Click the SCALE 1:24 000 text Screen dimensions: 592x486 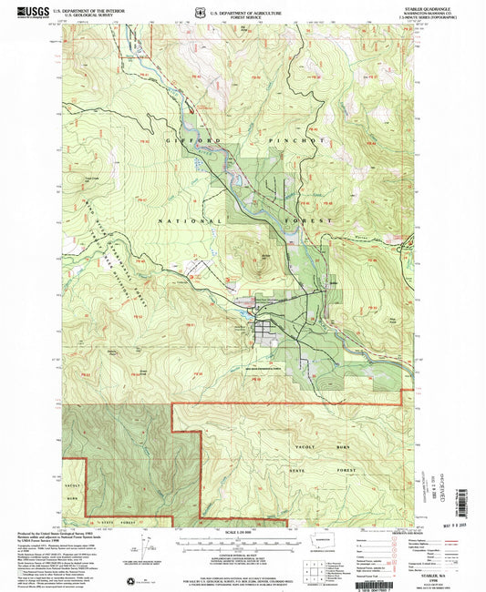[x=240, y=532]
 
